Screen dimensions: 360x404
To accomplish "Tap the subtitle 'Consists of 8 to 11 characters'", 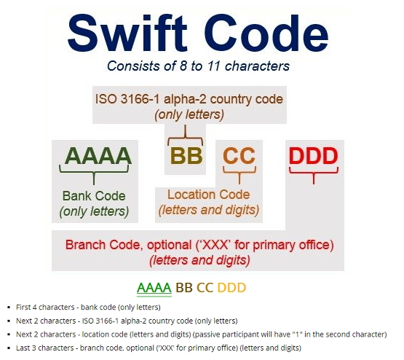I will point(198,66).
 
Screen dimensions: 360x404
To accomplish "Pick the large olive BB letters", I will point(185,155).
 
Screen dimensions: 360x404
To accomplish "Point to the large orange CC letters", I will point(239,155).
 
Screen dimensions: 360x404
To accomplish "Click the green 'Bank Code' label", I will point(94,196).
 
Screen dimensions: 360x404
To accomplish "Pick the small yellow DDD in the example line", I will point(232,287).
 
